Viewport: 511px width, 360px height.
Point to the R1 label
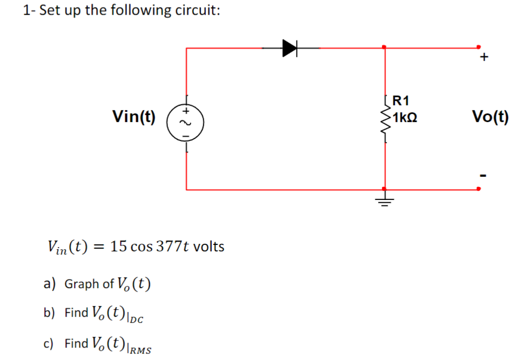[401, 100]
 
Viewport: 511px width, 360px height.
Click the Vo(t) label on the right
[489, 116]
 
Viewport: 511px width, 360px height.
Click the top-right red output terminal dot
[478, 47]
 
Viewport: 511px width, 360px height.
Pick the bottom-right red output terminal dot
[478, 189]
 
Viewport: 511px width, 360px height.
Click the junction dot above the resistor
[384, 47]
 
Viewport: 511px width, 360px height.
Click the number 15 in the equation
[118, 246]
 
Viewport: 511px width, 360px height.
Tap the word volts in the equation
[209, 246]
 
